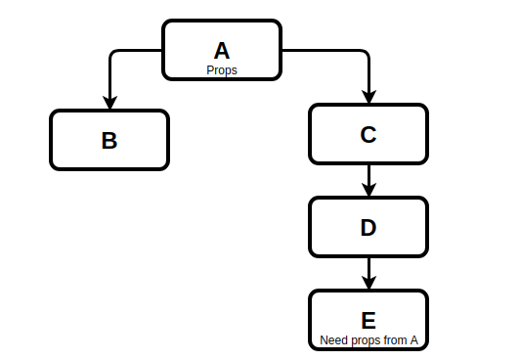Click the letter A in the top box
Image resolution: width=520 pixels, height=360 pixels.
(222, 51)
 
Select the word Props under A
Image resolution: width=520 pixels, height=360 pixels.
(222, 70)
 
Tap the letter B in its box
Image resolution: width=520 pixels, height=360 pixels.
(109, 140)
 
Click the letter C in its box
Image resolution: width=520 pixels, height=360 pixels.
(368, 135)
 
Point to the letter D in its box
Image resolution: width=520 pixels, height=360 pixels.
(368, 228)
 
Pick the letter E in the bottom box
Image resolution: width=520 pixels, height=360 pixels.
(368, 321)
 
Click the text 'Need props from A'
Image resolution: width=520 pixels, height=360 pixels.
(368, 340)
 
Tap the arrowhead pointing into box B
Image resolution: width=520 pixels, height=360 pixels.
(109, 102)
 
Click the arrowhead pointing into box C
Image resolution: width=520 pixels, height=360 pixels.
(368, 97)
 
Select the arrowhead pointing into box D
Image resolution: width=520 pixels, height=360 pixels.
(368, 190)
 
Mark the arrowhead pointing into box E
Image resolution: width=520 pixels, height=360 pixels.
(368, 283)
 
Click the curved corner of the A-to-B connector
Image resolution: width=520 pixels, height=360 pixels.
(112, 52)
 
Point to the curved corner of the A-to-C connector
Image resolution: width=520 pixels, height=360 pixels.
(366, 52)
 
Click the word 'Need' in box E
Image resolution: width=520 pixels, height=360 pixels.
(333, 340)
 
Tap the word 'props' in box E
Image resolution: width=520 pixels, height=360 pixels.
(365, 340)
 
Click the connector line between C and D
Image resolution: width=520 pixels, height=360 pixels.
(368, 174)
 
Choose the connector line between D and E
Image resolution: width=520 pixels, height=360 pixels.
(368, 267)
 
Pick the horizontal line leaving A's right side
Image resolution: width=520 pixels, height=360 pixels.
(323, 49)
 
